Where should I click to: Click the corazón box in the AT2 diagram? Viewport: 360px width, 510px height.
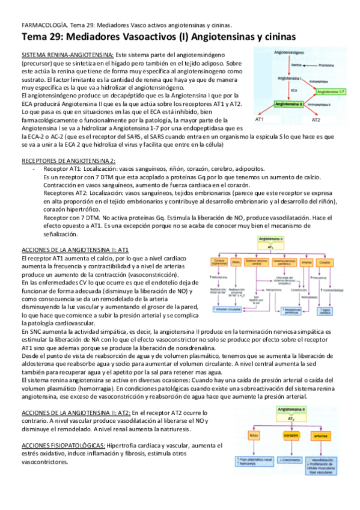[291, 434]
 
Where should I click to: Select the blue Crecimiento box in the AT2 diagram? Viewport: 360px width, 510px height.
[291, 460]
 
